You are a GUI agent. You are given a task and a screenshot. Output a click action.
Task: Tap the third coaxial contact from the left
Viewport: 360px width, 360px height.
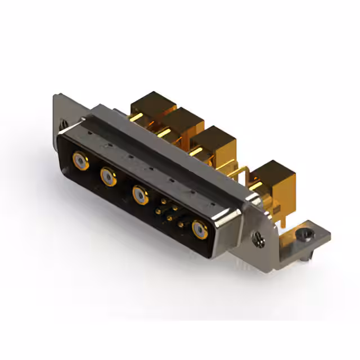[139, 195]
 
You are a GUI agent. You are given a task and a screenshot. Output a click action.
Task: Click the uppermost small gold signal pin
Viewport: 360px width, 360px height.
[164, 201]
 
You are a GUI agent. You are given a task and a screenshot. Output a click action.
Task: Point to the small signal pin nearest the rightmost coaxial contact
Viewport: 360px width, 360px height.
[181, 226]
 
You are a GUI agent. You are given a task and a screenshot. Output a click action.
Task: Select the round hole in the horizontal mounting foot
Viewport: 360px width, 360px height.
[305, 233]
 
